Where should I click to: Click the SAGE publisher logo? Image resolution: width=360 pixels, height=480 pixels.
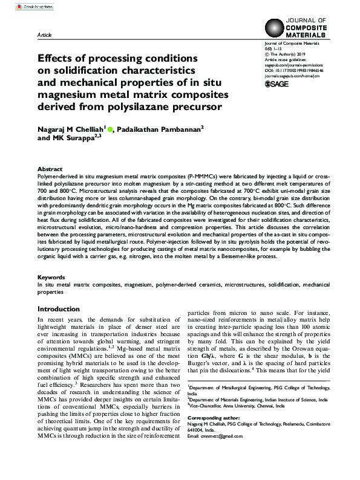click(x=278, y=85)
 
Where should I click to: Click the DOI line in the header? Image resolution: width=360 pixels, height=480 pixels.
click(x=294, y=71)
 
